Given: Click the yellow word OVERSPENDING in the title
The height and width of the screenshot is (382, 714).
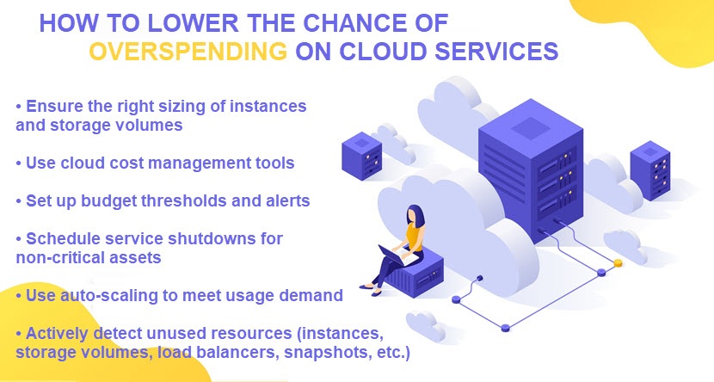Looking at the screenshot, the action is pyautogui.click(x=188, y=51).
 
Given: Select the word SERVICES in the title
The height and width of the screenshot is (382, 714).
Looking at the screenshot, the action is pyautogui.click(x=496, y=51).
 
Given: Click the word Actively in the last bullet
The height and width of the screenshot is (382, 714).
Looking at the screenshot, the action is pyautogui.click(x=58, y=333).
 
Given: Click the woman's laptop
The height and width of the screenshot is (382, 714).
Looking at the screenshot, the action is pyautogui.click(x=393, y=256).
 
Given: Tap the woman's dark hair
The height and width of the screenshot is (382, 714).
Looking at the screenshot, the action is pyautogui.click(x=415, y=216).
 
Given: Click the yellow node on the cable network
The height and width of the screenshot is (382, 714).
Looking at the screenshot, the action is pyautogui.click(x=618, y=262).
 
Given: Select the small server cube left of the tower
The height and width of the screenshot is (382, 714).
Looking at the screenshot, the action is pyautogui.click(x=361, y=156).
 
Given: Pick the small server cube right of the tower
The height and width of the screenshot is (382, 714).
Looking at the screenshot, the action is pyautogui.click(x=649, y=170).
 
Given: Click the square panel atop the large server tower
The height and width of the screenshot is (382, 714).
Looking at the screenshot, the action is pyautogui.click(x=531, y=127).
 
